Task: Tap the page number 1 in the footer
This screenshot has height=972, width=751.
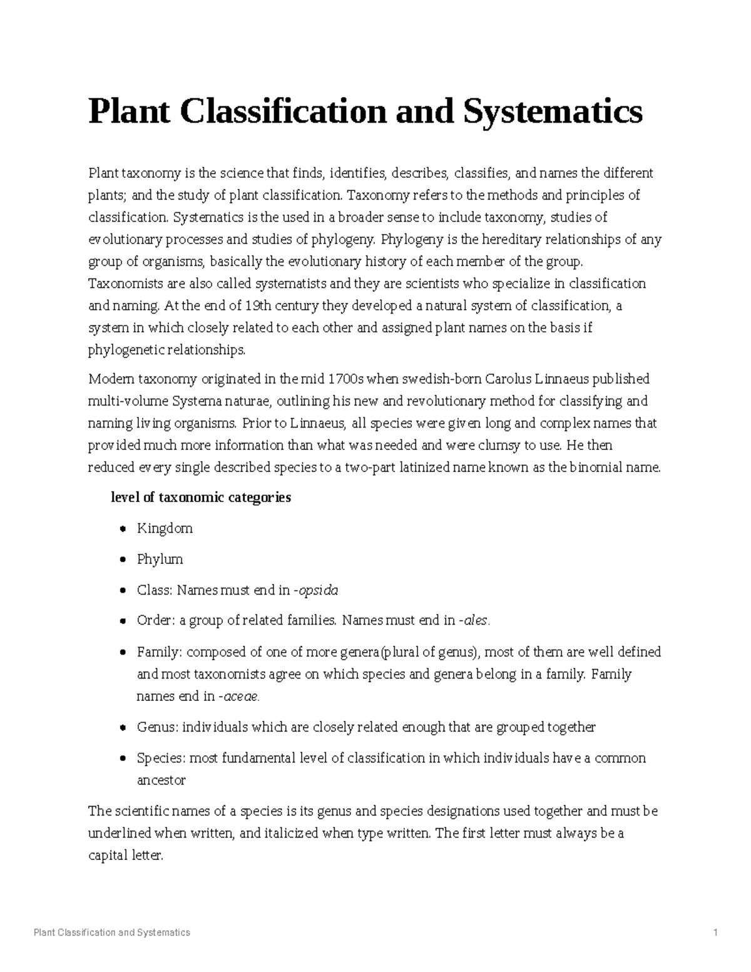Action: (715, 933)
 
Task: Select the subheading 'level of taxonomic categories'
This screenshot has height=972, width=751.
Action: (200, 498)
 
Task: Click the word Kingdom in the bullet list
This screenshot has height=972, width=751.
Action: (165, 528)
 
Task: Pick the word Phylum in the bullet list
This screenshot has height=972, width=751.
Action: (160, 559)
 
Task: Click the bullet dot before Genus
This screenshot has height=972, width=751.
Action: (123, 728)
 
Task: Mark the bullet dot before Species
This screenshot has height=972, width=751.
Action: (123, 759)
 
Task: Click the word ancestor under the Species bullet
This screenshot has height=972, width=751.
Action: (161, 780)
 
